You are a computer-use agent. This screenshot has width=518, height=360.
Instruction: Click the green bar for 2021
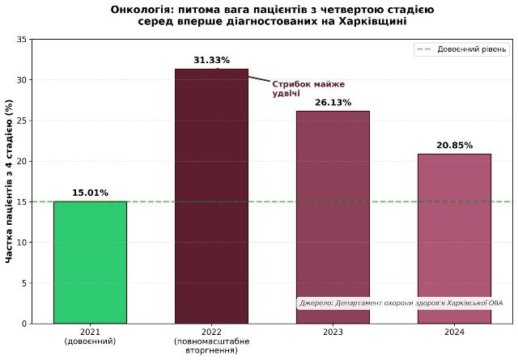point(90,262)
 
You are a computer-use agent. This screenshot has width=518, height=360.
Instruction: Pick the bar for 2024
point(454,239)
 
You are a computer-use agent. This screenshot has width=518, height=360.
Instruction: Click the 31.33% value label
point(211,60)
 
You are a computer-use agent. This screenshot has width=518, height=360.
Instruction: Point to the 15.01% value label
point(90,193)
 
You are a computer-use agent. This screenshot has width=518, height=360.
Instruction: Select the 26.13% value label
point(333,103)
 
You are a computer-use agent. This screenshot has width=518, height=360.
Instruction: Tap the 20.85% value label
point(454,146)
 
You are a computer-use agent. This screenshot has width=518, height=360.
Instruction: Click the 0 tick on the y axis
point(24,324)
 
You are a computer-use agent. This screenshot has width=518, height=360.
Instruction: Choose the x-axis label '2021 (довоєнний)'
point(90,337)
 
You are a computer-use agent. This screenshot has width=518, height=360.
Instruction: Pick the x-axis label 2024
point(454,332)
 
